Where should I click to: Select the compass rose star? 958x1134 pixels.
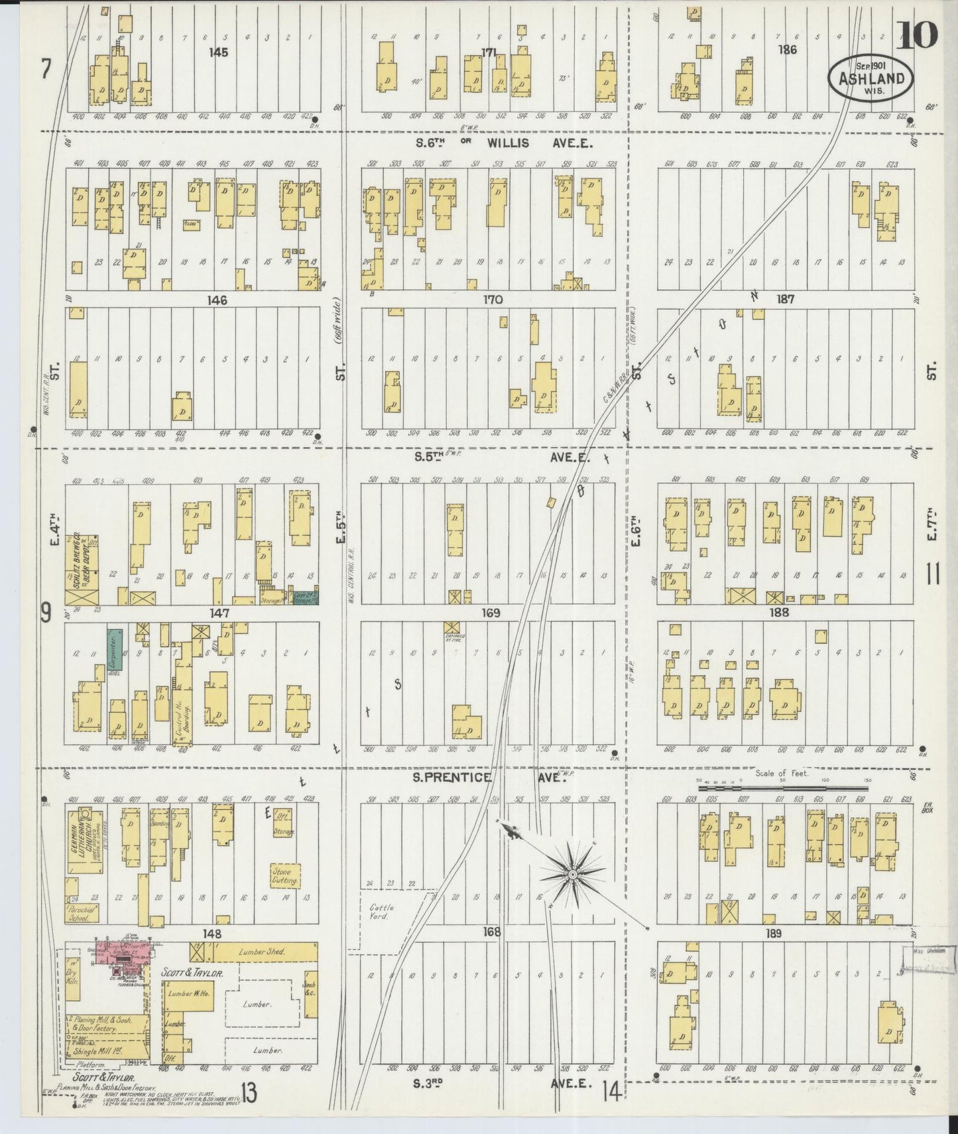click(571, 875)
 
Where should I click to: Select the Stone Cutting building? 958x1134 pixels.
click(285, 875)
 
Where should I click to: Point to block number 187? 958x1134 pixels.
click(786, 300)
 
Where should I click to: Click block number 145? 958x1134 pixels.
click(217, 52)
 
